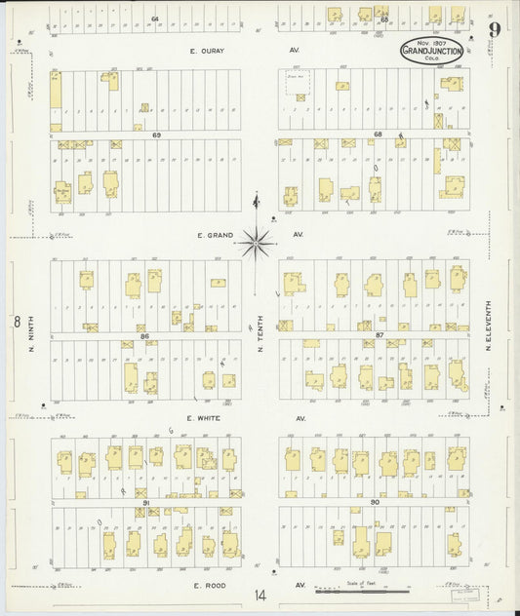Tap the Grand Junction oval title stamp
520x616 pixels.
(430, 50)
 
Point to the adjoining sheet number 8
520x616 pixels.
(17, 321)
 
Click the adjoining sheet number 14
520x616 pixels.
(259, 595)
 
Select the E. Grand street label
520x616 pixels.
(211, 235)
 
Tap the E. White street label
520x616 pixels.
(209, 418)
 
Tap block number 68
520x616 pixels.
(380, 135)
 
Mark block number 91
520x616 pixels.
(145, 502)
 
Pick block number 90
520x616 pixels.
(379, 502)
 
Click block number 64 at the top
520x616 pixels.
(154, 19)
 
